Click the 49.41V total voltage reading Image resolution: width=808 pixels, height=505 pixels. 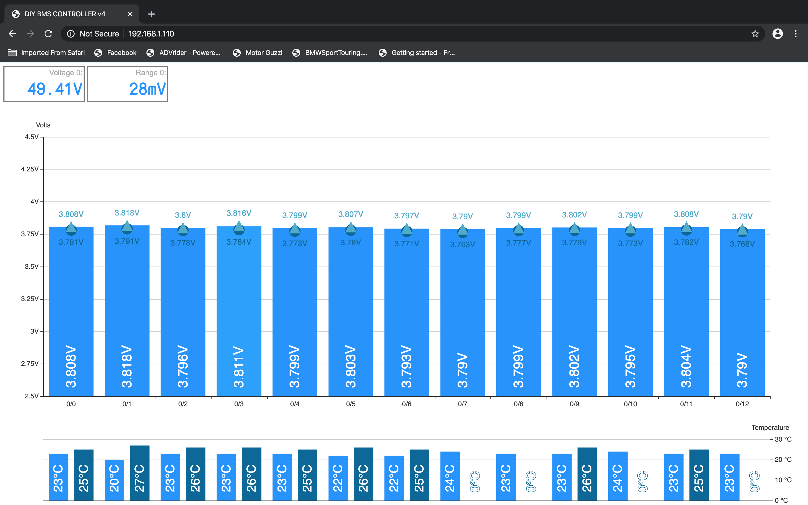[x=55, y=89]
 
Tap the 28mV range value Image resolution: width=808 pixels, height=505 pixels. [x=147, y=89]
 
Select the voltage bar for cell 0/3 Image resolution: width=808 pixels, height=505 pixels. [x=239, y=311]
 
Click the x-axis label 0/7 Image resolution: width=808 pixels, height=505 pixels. [x=462, y=404]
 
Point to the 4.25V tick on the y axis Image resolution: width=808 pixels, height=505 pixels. [x=30, y=169]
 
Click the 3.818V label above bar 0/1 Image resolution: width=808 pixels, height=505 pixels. [x=127, y=213]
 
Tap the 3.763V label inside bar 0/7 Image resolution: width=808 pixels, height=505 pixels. [x=462, y=244]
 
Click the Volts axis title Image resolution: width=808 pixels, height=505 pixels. [x=43, y=125]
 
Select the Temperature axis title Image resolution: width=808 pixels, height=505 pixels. [x=770, y=428]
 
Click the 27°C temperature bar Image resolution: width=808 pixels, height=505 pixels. [x=139, y=473]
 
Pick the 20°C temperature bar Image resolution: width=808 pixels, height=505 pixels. [x=114, y=480]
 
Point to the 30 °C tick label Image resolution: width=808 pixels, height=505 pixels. [x=783, y=439]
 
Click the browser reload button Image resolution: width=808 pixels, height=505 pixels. [x=49, y=34]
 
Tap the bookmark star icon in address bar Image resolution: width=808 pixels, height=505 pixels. [x=755, y=34]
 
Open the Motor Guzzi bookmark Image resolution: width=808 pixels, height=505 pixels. [x=258, y=53]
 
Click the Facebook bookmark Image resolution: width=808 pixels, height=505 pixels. [x=116, y=53]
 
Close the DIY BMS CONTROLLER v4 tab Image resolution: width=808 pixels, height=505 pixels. [x=130, y=14]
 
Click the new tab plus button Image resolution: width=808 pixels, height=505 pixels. [x=151, y=14]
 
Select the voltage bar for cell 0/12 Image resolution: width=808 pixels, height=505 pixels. [x=742, y=313]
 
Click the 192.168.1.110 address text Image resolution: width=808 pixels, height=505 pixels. [x=151, y=34]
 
